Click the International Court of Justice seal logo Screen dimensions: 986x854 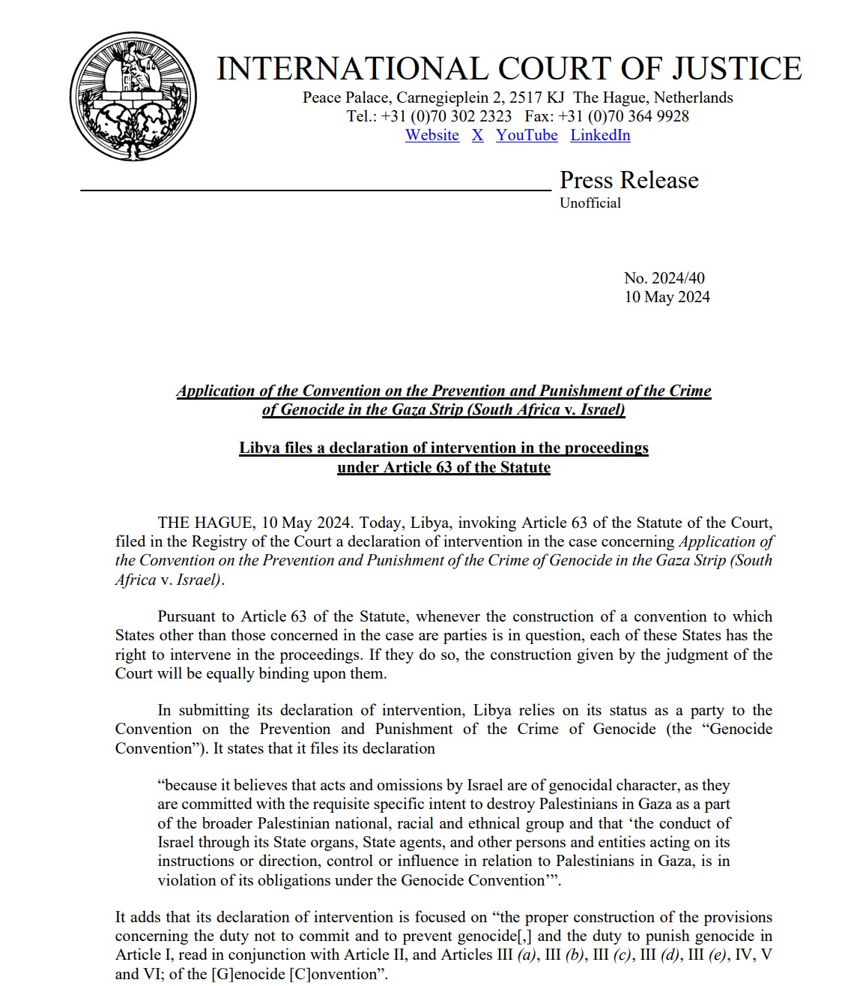point(133,96)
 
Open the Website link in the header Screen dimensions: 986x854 point(432,136)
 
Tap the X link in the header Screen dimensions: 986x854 point(477,136)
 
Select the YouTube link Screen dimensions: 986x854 point(527,136)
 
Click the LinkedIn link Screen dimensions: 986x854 point(600,136)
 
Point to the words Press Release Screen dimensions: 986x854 point(629,181)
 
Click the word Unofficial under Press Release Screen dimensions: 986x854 point(590,203)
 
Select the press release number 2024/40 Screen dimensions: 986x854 point(664,278)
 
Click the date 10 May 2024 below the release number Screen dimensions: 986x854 point(667,297)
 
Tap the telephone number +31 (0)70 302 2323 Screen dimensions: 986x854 point(446,116)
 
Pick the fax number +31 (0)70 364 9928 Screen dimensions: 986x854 point(623,116)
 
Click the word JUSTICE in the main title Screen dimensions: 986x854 point(736,69)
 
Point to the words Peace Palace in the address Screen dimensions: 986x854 point(345,97)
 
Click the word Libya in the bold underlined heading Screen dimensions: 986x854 point(258,448)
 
